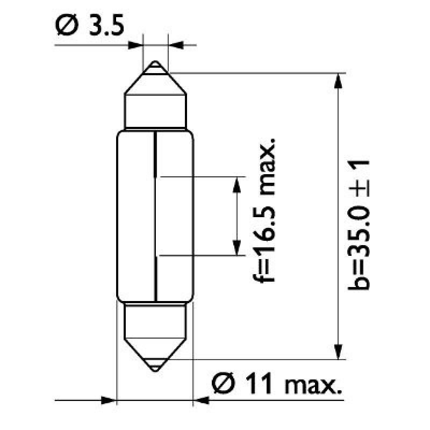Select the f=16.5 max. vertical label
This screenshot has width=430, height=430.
(x=266, y=210)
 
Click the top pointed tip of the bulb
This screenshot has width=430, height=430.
(x=155, y=64)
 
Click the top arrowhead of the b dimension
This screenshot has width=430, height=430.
(x=338, y=80)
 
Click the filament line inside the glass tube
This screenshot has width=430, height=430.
(x=155, y=215)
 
